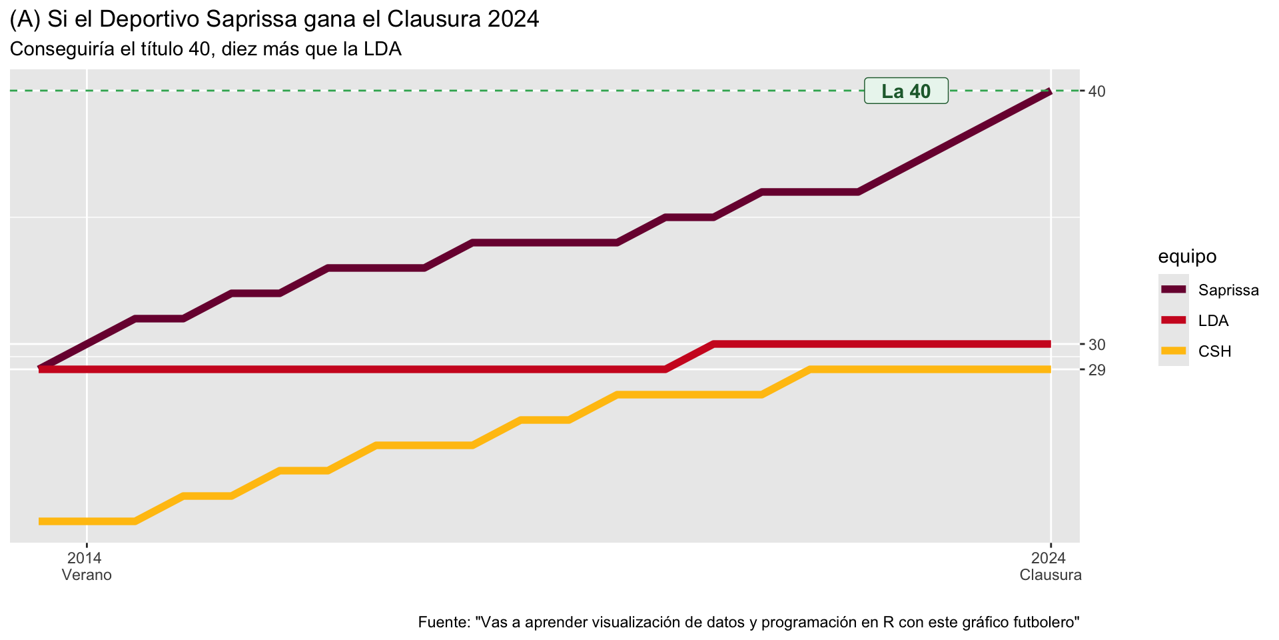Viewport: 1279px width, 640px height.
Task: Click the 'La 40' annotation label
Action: (906, 91)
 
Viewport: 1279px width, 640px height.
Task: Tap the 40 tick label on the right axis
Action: (1096, 91)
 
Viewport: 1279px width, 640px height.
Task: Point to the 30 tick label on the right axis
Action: (1096, 345)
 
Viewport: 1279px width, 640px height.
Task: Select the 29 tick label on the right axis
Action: (1096, 370)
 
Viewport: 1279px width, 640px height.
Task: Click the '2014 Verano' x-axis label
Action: (87, 566)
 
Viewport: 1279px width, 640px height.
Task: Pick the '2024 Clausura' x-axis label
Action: (1051, 566)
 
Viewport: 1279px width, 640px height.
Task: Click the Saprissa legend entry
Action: (1228, 290)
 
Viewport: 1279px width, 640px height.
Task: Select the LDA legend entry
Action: (1213, 321)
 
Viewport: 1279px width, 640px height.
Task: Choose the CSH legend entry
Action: (1214, 351)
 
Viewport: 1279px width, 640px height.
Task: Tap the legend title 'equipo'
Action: (1187, 256)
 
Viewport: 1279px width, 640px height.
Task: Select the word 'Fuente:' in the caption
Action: (444, 622)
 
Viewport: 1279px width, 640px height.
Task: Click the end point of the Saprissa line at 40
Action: (1049, 92)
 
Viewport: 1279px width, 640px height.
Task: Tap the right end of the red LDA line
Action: (1049, 344)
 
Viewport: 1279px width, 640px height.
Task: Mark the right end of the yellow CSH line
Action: (1049, 369)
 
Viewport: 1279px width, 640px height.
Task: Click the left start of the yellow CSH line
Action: (41, 521)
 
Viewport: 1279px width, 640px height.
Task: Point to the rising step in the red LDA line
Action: (689, 357)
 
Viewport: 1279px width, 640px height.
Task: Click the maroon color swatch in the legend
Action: (1174, 289)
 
